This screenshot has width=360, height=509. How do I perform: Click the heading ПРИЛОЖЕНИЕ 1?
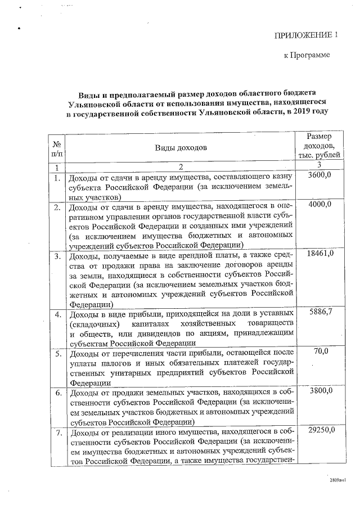306,35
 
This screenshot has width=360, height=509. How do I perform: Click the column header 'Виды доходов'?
181,147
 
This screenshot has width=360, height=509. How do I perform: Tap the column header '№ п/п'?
57,147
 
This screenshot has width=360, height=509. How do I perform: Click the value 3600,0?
320,176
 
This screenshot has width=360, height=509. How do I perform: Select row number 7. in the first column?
57,433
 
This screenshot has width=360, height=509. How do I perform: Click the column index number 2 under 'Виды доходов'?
181,167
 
